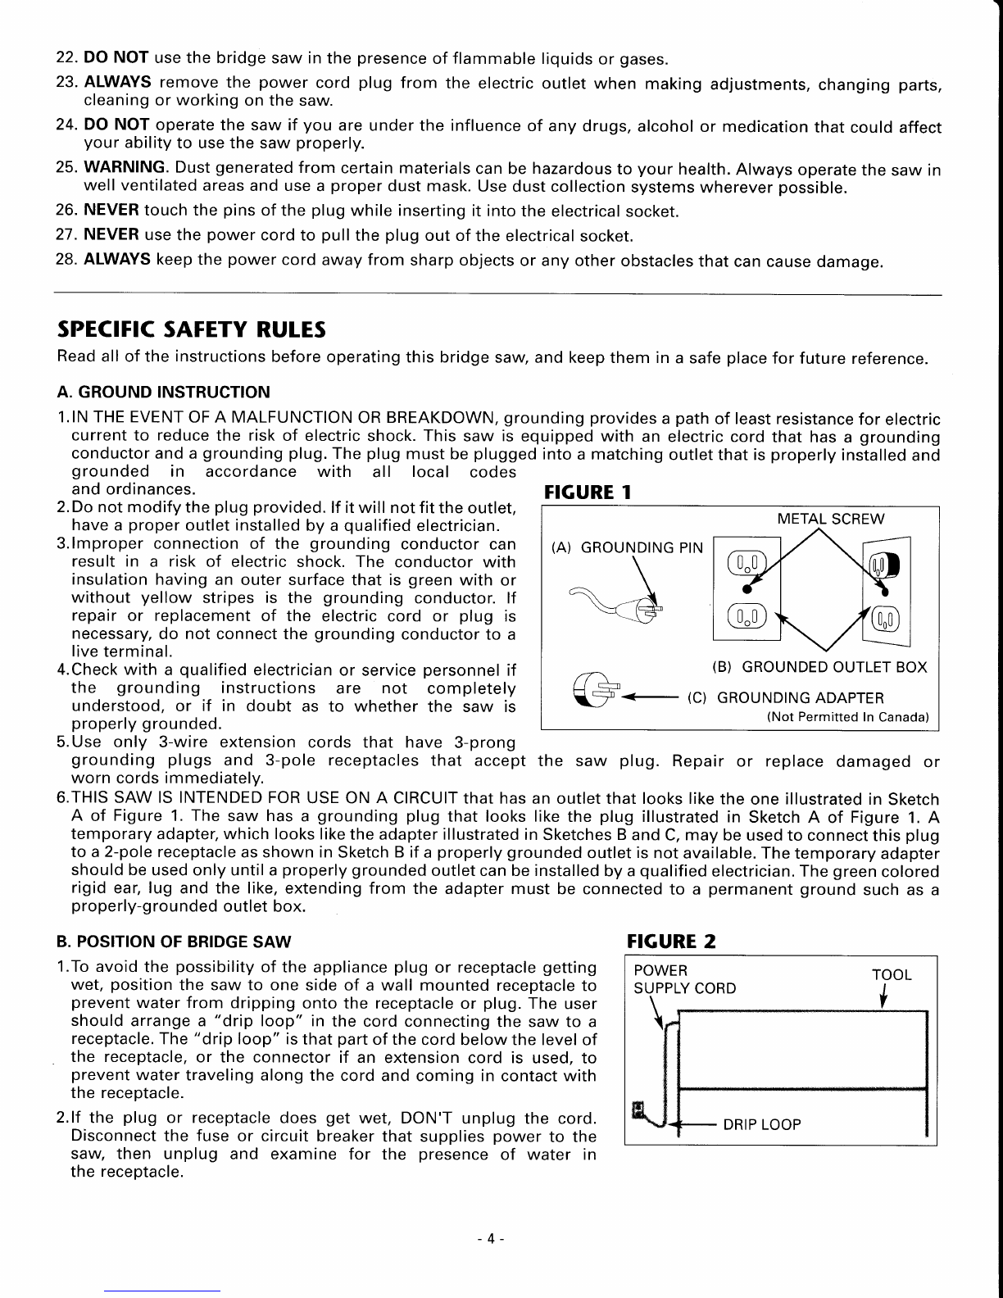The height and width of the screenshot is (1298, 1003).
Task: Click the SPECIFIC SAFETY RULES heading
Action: (x=190, y=329)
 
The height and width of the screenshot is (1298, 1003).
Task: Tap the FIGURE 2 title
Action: (x=671, y=941)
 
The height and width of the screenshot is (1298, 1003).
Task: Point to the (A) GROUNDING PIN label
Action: (x=627, y=547)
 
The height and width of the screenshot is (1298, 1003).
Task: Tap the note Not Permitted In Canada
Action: (x=847, y=717)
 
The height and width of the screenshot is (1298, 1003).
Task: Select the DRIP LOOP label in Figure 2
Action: (x=761, y=1124)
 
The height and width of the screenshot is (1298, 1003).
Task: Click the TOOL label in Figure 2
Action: (x=892, y=974)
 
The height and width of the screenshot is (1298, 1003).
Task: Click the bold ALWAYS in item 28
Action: (x=116, y=262)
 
